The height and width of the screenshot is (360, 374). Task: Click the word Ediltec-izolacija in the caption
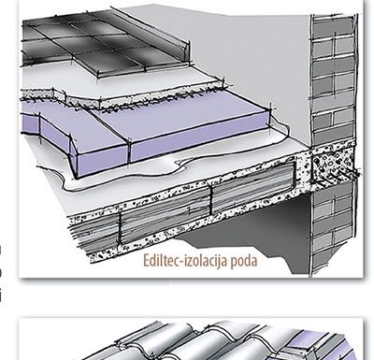[x=185, y=261]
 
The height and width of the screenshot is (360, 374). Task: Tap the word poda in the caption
[x=244, y=261]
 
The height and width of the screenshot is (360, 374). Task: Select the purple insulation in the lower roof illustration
[x=321, y=346]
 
